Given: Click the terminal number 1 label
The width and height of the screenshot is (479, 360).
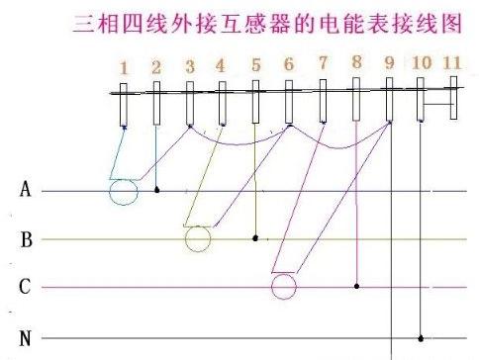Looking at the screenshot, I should point(124,67).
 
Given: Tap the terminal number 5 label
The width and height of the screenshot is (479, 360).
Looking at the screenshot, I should point(255,67).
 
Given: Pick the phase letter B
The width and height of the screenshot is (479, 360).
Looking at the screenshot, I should point(26,239).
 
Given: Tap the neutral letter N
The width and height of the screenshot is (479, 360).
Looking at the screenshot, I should point(25,339).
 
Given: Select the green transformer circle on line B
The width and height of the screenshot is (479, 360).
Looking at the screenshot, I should point(198,239).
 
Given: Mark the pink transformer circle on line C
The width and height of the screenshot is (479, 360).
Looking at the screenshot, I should point(284,287).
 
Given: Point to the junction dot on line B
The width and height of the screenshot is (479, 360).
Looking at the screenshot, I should point(255,238).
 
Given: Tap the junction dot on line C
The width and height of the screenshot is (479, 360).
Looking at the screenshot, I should point(356,286).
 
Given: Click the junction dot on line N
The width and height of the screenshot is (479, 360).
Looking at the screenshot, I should point(422,338).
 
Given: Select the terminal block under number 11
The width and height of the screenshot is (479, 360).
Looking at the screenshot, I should point(453,99).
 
